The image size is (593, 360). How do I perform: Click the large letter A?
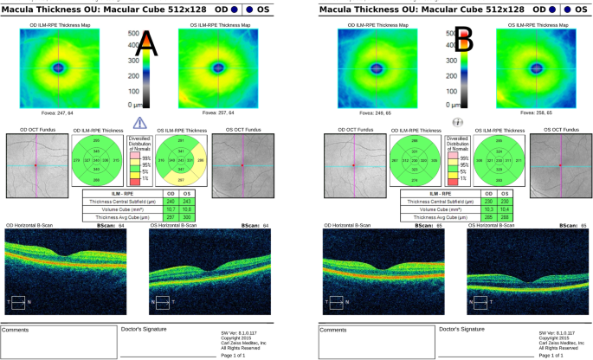150,42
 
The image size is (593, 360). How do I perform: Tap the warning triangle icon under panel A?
139,123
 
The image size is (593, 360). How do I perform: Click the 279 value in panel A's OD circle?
77,162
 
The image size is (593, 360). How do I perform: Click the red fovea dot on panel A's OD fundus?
36,164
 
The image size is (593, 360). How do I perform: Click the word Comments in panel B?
334,330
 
